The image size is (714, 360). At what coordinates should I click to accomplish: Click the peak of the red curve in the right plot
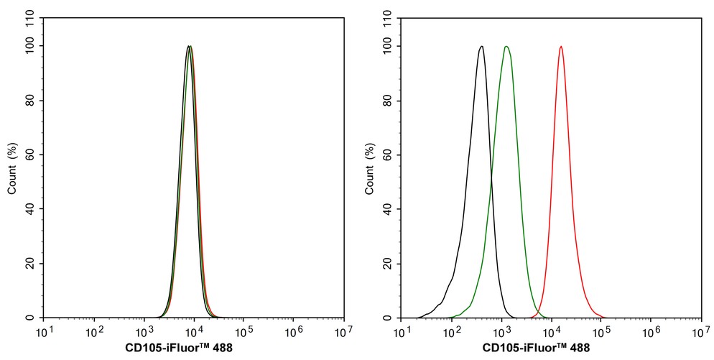(560, 47)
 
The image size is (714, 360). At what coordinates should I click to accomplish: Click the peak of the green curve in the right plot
(506, 47)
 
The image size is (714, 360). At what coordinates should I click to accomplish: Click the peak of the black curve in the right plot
(481, 47)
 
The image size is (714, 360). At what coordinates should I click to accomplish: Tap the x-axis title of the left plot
(175, 349)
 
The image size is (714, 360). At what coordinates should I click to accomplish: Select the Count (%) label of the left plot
(12, 168)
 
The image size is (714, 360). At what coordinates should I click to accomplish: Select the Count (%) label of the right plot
(370, 168)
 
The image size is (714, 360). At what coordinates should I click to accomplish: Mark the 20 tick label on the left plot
(31, 263)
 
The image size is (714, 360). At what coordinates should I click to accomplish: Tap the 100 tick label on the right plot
(386, 46)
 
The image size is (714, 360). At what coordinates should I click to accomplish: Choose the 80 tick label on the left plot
(31, 100)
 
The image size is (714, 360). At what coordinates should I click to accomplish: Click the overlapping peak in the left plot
(189, 47)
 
